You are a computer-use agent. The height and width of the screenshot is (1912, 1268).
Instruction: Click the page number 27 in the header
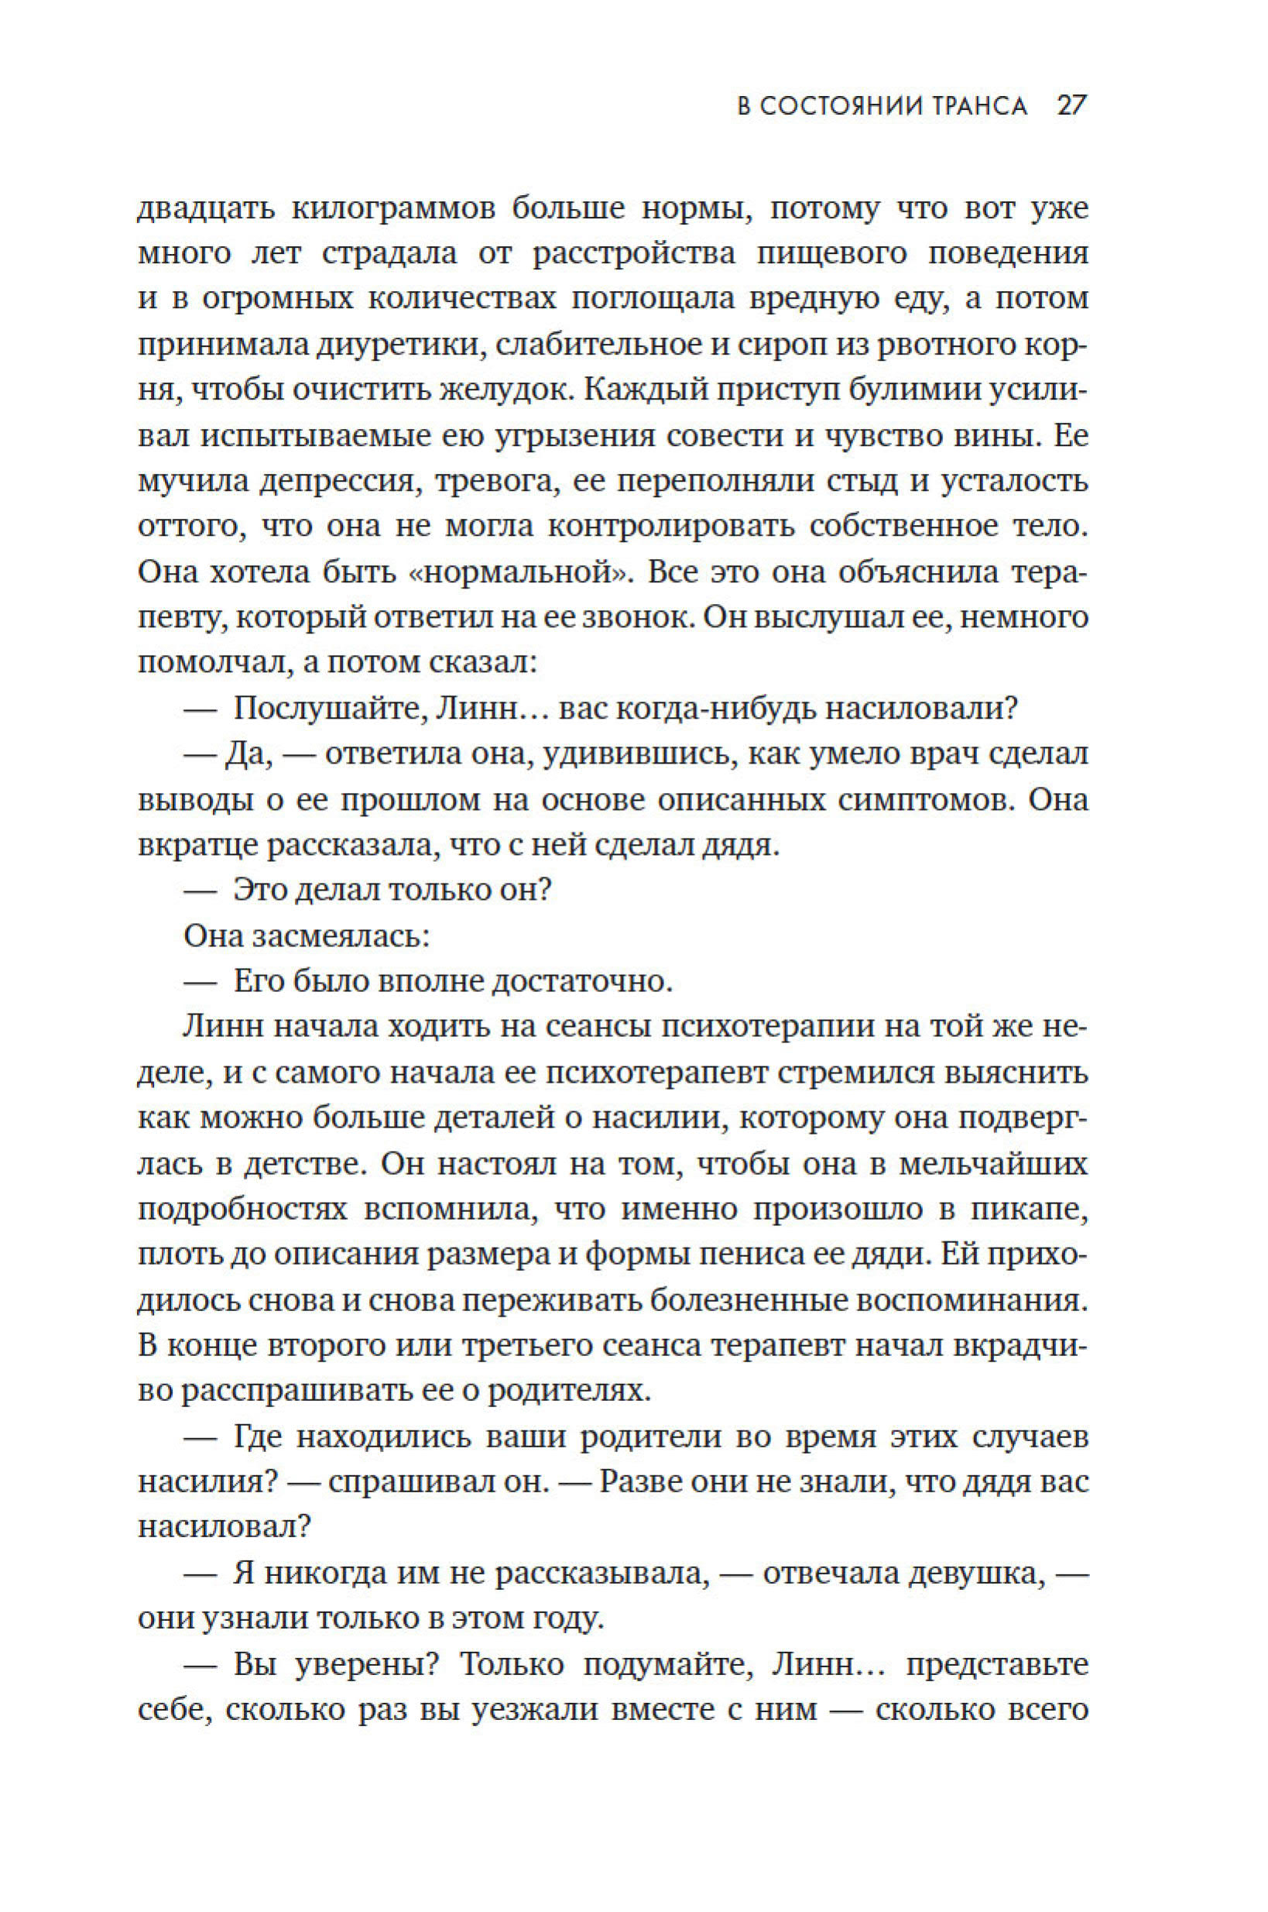click(x=1071, y=106)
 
